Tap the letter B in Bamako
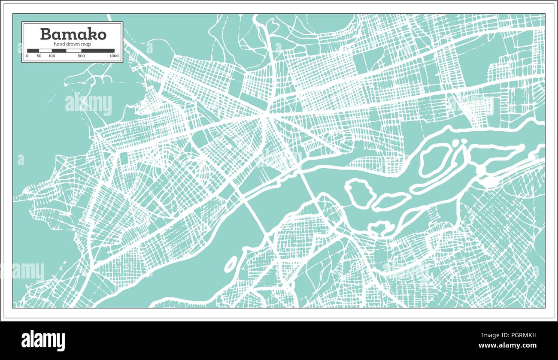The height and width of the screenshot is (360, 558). point(45,34)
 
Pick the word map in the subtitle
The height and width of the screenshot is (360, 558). point(87,44)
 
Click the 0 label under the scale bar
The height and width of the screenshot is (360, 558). point(27,56)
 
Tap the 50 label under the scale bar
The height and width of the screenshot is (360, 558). point(39,56)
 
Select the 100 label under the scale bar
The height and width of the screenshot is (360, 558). point(52,56)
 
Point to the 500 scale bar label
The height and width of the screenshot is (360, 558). point(81,56)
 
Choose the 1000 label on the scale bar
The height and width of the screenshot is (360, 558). point(114,56)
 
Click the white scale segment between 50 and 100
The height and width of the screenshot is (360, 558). point(45,51)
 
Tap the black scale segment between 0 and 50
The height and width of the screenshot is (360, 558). point(33,51)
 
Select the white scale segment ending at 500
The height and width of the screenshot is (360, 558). point(73,51)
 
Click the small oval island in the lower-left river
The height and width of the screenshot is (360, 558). point(230,263)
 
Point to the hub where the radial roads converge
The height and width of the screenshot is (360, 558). point(267,115)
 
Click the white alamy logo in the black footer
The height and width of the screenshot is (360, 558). point(43,341)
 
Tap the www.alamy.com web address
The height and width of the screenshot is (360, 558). point(507,346)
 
